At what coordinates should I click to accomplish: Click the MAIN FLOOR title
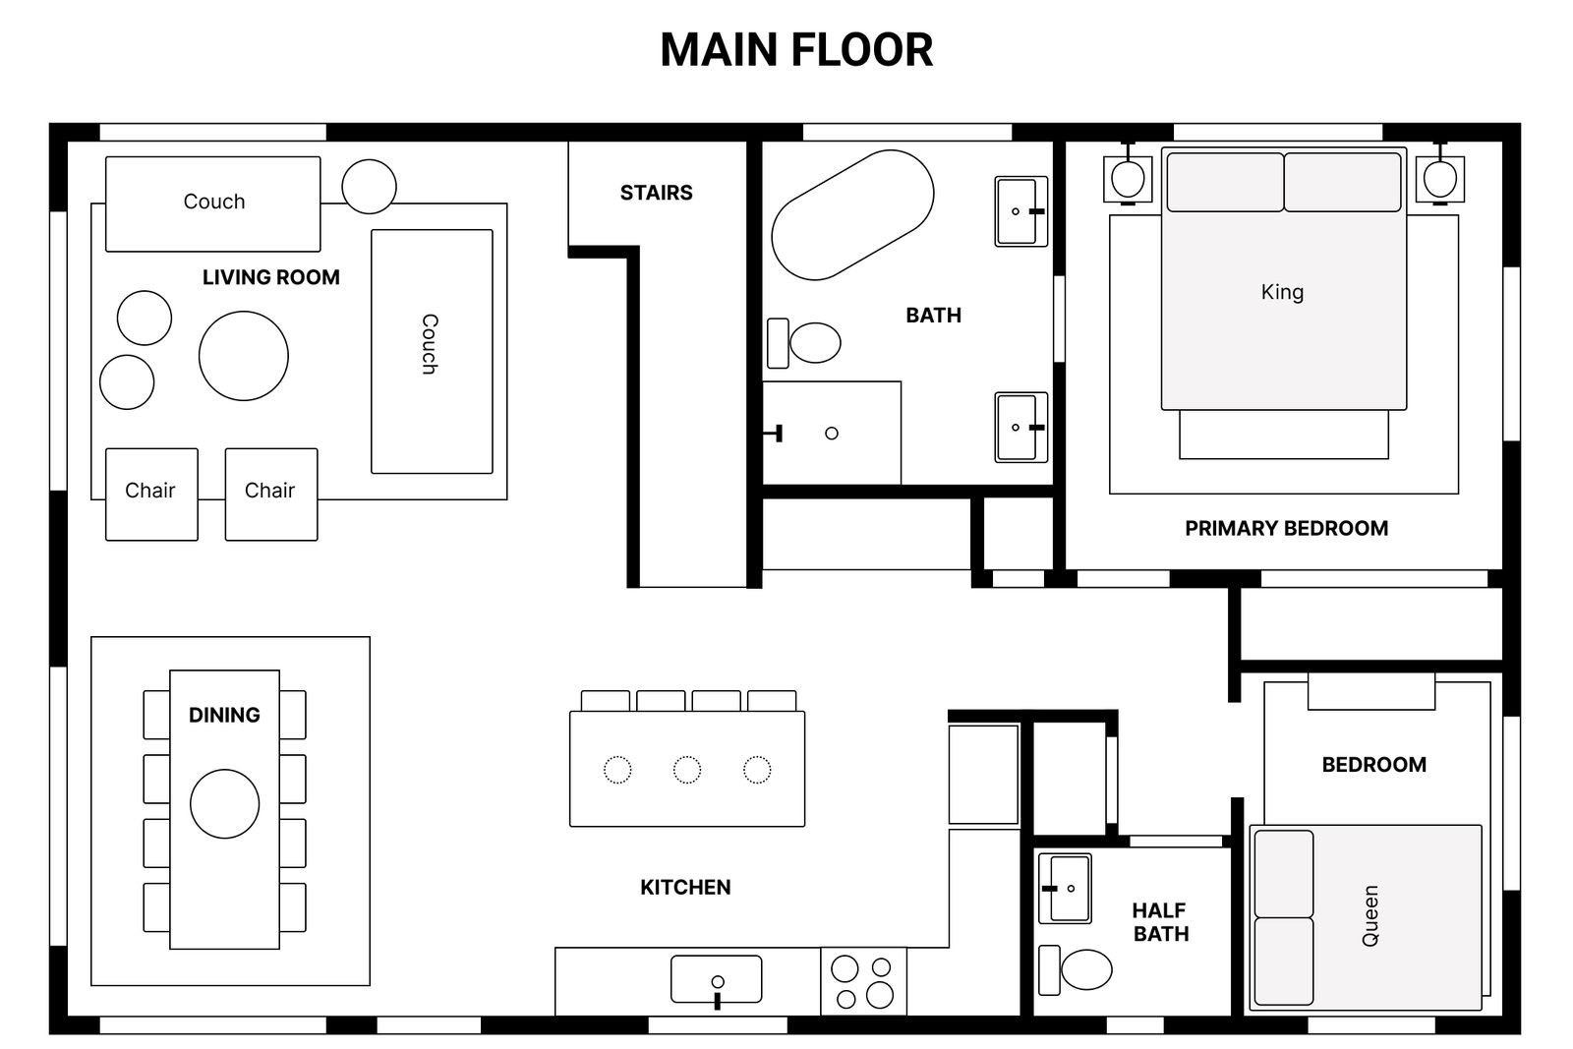tap(796, 50)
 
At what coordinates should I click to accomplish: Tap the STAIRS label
tap(656, 193)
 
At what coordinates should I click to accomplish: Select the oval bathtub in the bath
tap(852, 215)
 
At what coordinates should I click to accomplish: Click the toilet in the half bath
tap(1076, 969)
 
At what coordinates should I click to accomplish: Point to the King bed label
tap(1282, 292)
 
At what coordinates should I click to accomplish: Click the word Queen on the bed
tap(1370, 915)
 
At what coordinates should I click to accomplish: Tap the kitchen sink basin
tap(717, 979)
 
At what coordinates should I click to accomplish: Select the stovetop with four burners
tap(863, 981)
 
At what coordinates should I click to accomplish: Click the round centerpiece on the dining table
tap(225, 804)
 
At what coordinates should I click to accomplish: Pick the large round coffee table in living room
tap(244, 356)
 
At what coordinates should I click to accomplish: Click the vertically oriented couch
tap(432, 351)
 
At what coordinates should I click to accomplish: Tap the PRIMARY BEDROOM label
tap(1287, 528)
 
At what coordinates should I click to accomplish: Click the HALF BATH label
tap(1160, 922)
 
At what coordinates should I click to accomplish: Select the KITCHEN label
tap(685, 888)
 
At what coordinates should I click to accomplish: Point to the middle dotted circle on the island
tap(687, 770)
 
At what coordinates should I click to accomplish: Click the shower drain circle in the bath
tap(832, 434)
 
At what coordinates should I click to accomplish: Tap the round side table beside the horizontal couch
tap(370, 187)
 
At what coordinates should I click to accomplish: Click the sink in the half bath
tap(1065, 888)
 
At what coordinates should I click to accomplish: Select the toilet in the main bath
tap(804, 343)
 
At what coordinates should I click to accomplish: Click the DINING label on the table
tap(225, 715)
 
